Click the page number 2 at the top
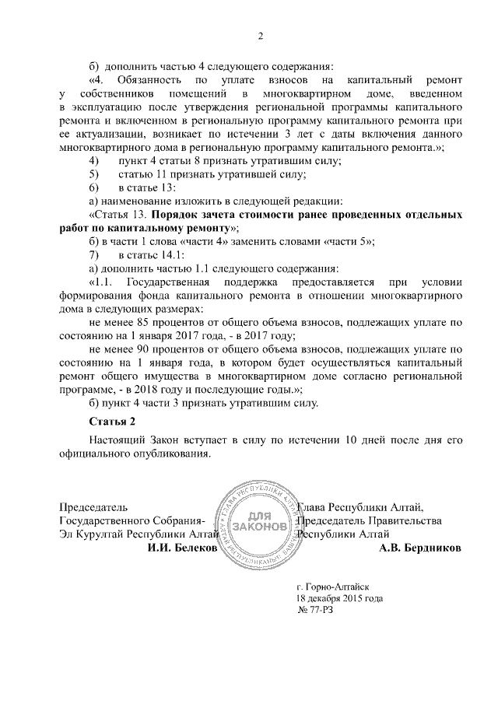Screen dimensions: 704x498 click(x=261, y=35)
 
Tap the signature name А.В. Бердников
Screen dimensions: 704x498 click(x=419, y=548)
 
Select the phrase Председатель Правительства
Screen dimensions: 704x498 click(x=370, y=520)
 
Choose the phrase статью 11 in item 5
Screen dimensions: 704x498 click(x=146, y=173)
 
